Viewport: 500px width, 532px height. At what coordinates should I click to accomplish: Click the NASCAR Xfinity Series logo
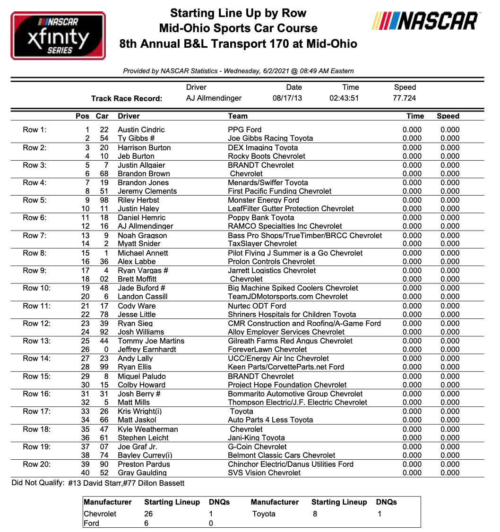coord(58,36)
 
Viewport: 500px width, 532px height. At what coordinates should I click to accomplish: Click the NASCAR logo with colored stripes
coord(426,21)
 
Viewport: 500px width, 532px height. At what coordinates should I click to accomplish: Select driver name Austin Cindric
coord(141,130)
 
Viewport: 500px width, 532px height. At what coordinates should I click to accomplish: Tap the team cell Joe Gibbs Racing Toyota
coord(270,138)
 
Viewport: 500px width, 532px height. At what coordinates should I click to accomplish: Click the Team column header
coord(237,116)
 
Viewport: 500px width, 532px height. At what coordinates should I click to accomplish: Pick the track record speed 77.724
coord(405,98)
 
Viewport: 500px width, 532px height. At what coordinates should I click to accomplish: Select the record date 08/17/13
coord(287,98)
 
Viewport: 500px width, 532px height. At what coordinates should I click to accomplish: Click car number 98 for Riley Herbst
coord(104,200)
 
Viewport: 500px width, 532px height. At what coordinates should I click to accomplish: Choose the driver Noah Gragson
coord(142,236)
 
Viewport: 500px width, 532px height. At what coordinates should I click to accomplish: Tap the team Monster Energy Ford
coord(263,200)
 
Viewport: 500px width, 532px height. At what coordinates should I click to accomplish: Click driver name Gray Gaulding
coord(142,473)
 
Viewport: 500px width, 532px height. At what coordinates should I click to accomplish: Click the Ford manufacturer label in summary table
coord(91,523)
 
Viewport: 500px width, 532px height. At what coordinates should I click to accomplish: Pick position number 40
coord(85,473)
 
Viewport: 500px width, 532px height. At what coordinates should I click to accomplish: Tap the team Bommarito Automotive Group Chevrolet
coord(295,394)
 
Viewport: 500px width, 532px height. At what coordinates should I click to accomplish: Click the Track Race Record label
coord(126,99)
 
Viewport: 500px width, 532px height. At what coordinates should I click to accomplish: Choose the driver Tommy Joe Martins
coord(151,341)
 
